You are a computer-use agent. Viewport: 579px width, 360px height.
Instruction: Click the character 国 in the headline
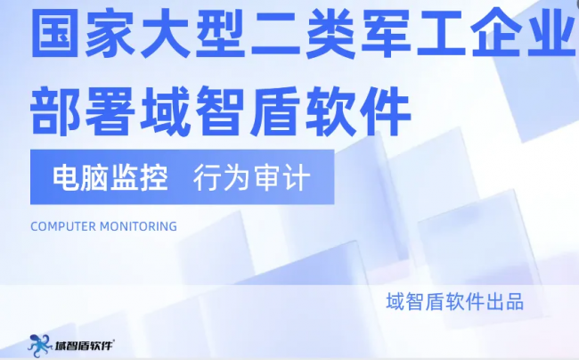coord(55,33)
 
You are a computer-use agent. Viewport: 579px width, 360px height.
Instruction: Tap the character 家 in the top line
coord(110,33)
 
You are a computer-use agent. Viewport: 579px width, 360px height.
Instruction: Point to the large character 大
coord(165,33)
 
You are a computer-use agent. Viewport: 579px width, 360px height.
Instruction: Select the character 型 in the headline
coord(220,33)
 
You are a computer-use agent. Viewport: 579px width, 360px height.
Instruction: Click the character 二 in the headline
coord(275,34)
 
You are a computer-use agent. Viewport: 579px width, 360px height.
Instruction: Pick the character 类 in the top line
coord(330,33)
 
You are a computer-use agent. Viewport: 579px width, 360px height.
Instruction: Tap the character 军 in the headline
coord(387,33)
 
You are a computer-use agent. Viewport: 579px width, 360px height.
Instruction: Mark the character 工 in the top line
coord(441,34)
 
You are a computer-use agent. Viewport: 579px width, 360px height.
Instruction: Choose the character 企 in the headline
coord(496,33)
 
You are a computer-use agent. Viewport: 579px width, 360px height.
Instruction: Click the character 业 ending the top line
coord(551,33)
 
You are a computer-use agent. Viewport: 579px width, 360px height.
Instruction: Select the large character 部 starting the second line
coord(55,110)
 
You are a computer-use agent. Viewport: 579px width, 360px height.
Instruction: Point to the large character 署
coord(110,110)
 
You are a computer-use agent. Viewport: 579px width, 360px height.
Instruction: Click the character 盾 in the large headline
coord(275,110)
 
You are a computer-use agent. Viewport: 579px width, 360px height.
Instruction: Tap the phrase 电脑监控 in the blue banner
coord(110,178)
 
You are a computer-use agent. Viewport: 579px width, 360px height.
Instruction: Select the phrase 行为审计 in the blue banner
coord(251,178)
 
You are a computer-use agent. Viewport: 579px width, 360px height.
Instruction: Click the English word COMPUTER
coord(63,226)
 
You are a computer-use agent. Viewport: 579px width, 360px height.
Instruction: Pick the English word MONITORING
coord(138,226)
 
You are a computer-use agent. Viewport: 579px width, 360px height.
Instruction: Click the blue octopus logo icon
coord(40,346)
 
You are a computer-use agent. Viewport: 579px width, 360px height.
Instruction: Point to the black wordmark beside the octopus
coord(85,346)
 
